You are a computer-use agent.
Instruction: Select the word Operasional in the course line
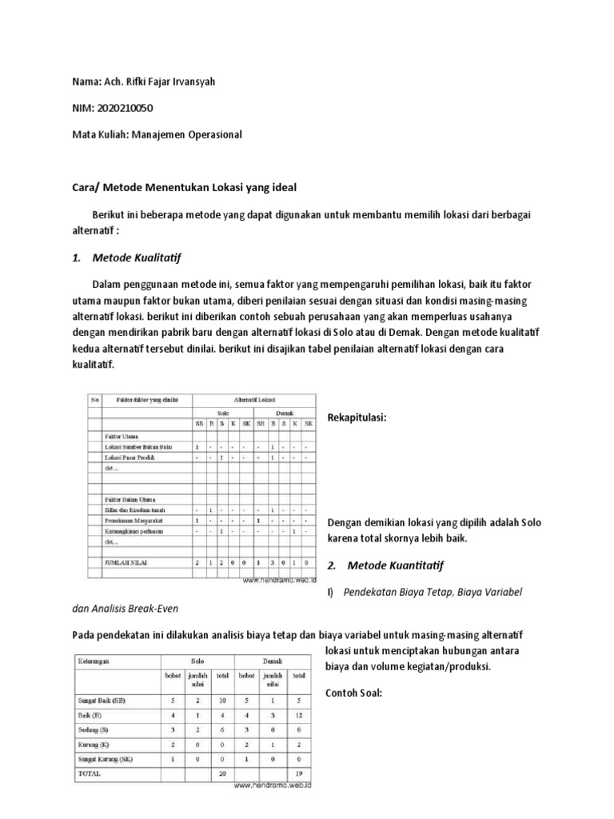(207, 135)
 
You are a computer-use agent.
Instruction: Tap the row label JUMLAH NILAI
(127, 563)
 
